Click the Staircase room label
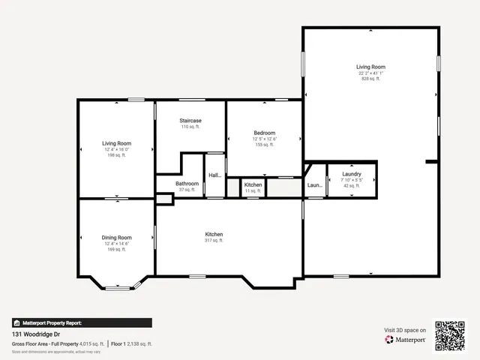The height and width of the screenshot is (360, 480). tap(190, 121)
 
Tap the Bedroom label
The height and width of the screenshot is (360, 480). tap(264, 133)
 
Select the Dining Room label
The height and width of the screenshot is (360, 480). tap(116, 238)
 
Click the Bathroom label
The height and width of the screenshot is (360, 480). tap(187, 184)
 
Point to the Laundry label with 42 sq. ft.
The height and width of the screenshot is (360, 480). tap(351, 174)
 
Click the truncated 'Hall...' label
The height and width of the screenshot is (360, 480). tap(214, 175)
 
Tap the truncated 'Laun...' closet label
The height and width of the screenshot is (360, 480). tap(315, 185)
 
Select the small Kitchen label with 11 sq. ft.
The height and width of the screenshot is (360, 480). tap(253, 184)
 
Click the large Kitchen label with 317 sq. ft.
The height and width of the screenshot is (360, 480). tap(214, 235)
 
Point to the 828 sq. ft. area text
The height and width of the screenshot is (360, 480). tap(370, 79)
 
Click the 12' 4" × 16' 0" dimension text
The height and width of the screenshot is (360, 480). tap(116, 149)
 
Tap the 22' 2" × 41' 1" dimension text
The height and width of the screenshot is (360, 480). tap(370, 73)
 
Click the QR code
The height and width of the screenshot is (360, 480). tap(450, 336)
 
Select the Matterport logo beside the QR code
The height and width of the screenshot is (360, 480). tap(406, 340)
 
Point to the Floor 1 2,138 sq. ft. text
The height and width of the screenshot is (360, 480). tap(131, 343)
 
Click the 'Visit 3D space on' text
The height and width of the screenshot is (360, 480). tap(406, 330)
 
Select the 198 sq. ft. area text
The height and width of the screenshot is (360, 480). tap(116, 155)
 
